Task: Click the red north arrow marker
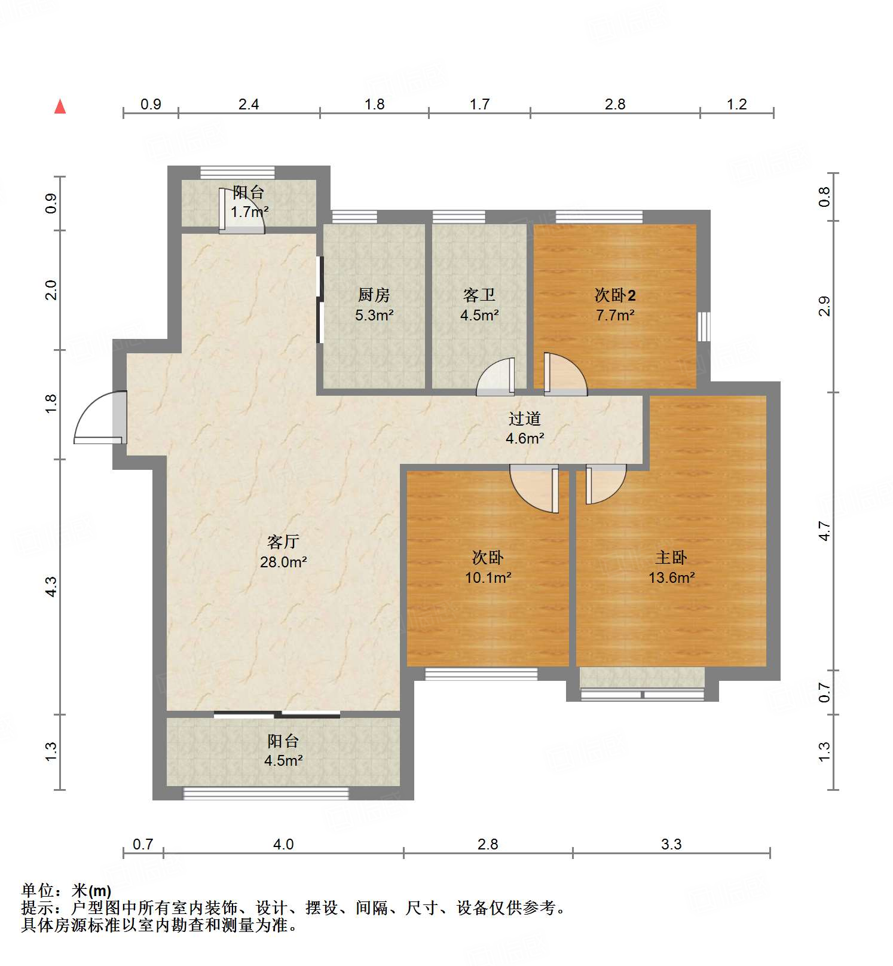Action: point(60,106)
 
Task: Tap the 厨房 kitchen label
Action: point(374,295)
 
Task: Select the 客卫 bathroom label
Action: point(479,295)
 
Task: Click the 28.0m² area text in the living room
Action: point(283,562)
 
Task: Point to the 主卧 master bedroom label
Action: point(671,558)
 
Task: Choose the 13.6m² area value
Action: point(671,577)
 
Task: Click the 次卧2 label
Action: point(615,295)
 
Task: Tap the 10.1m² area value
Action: point(488,577)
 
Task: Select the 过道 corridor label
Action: point(525,419)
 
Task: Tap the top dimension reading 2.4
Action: point(249,105)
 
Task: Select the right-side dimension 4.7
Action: point(824,531)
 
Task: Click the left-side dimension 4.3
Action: point(51,586)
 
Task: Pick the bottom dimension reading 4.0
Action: point(283,844)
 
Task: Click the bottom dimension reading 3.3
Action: point(671,844)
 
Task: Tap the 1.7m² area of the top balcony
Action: point(249,212)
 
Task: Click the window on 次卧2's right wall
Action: point(704,326)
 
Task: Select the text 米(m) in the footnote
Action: point(91,891)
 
